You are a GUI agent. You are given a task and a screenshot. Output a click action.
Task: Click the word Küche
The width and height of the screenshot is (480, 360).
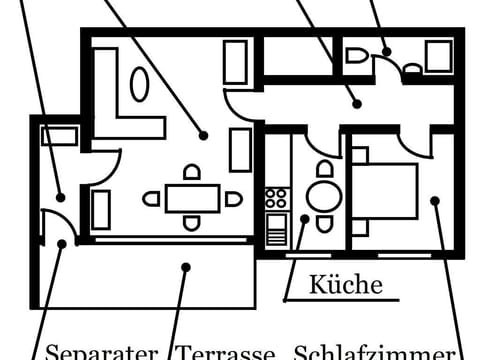(345, 285)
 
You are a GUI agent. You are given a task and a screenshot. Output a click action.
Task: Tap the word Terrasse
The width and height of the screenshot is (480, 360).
(226, 352)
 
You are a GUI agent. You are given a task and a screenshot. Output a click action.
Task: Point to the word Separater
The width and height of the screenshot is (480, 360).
(103, 352)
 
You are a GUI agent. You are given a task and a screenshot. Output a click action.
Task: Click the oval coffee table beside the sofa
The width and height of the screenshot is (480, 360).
(140, 85)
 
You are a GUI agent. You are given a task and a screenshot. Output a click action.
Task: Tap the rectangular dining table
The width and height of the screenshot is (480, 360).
(192, 198)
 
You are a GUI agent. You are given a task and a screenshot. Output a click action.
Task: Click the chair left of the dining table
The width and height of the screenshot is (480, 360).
(152, 198)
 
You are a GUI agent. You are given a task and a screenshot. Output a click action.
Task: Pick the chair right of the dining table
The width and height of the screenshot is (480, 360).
(233, 198)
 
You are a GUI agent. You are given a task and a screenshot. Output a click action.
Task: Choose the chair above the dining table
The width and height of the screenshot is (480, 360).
(192, 173)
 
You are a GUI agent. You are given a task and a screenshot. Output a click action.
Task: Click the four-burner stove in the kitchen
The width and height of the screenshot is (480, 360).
(277, 197)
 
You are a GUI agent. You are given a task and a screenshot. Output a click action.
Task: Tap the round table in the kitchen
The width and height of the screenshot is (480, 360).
(322, 196)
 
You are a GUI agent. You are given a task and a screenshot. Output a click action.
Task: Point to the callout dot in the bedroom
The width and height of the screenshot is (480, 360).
(435, 201)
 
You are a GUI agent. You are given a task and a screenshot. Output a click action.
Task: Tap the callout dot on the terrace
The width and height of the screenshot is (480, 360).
(186, 266)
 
